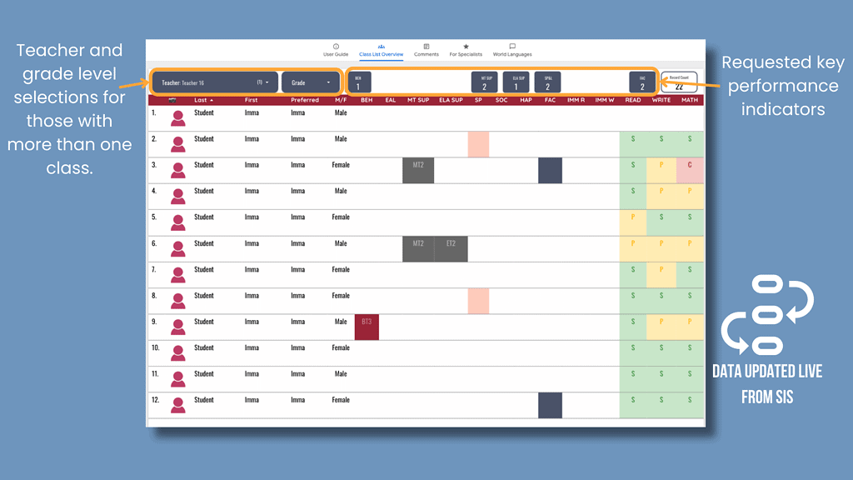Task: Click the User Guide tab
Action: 336,50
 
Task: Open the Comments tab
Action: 426,50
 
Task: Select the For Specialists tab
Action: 466,50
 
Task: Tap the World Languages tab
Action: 511,50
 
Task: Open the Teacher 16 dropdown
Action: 215,82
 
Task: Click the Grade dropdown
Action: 311,82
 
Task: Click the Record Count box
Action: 679,82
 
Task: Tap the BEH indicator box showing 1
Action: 358,82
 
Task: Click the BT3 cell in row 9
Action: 367,327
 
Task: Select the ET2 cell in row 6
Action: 451,248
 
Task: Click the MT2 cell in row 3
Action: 418,170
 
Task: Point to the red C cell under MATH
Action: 690,170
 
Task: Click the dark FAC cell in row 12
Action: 550,405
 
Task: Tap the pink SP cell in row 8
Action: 478,301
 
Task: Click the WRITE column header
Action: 661,100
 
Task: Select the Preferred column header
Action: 305,100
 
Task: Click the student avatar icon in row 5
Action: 177,222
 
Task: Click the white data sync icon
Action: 766,315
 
